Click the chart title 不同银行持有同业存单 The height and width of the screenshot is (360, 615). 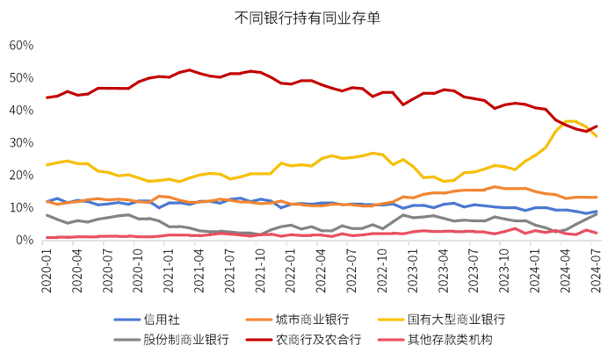[x=307, y=16]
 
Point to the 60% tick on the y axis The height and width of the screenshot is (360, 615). [x=20, y=45]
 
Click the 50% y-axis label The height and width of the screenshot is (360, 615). [x=20, y=77]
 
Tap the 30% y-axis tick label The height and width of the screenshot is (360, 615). [x=20, y=142]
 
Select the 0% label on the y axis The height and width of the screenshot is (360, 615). [x=24, y=240]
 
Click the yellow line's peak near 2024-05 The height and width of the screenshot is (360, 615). [x=571, y=121]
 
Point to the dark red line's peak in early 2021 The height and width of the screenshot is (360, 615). [x=190, y=69]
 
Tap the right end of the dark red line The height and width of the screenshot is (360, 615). [x=597, y=126]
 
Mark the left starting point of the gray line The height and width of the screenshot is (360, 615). [x=47, y=215]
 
